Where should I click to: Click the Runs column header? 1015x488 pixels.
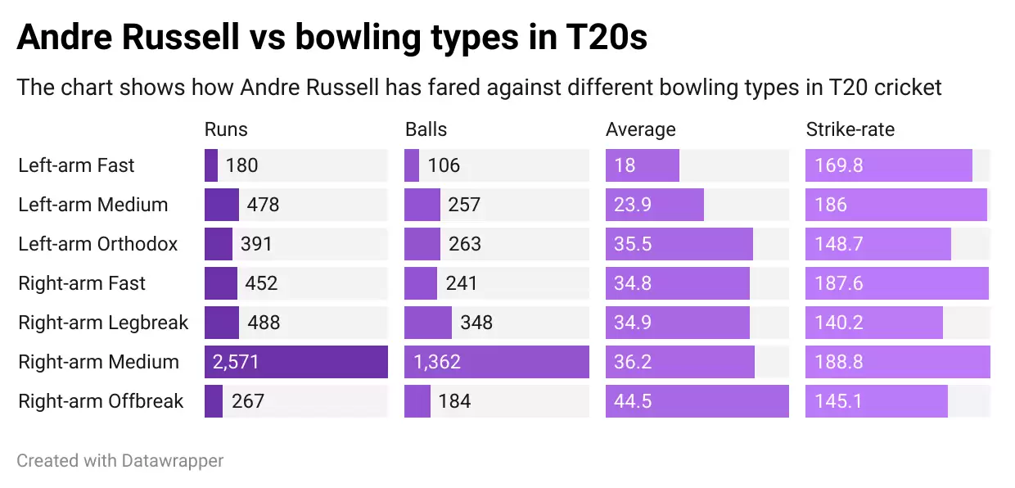point(226,129)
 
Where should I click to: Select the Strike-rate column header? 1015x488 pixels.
point(850,129)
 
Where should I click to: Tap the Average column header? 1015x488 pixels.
point(640,129)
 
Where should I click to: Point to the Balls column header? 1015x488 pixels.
point(426,129)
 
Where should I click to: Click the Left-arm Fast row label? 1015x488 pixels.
point(76,165)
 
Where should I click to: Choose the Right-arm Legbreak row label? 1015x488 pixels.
point(103,323)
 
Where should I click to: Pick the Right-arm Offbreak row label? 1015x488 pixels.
point(101,401)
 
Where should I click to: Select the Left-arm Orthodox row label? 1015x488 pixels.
point(97,244)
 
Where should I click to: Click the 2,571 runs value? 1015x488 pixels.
point(236,362)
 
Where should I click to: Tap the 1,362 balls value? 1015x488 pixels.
point(437,362)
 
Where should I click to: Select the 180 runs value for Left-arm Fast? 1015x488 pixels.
point(241,165)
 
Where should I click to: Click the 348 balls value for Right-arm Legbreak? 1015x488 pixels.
point(476,323)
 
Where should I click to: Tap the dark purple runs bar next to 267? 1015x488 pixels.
point(213,401)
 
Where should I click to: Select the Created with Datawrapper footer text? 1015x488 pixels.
point(120,461)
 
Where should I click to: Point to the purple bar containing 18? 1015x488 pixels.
point(643,165)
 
